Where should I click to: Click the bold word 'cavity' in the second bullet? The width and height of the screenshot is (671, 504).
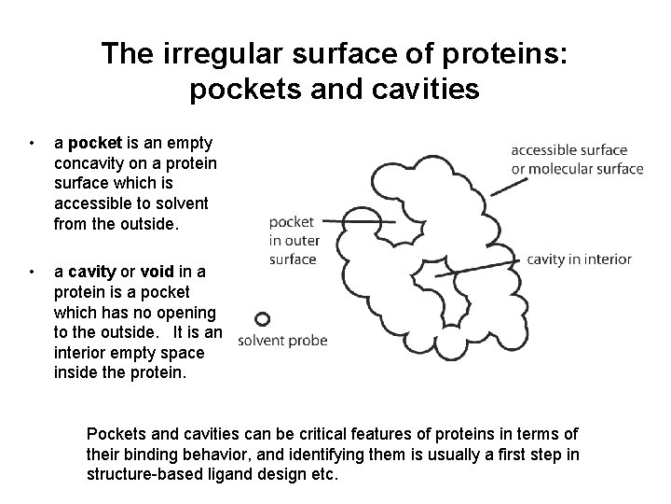[x=92, y=273]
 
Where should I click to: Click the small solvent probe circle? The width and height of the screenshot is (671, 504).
[x=263, y=319]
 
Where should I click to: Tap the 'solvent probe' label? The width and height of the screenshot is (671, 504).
[x=283, y=341]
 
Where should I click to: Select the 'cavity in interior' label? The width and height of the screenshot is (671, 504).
[x=579, y=259]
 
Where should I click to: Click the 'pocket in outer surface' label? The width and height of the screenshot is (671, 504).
[x=293, y=241]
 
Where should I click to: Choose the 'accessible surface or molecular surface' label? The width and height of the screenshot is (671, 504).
[x=577, y=159]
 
